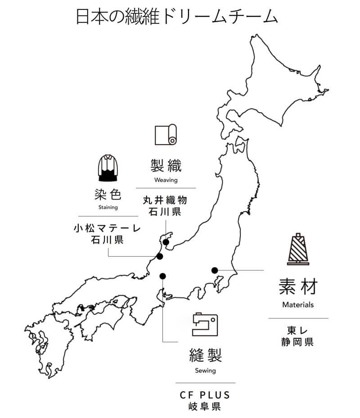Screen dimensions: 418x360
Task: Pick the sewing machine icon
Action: [x=205, y=324]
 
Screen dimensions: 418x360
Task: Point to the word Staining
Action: [x=108, y=208]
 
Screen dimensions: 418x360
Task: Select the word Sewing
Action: [x=205, y=371]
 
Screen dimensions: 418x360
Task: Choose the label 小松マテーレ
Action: [x=107, y=228]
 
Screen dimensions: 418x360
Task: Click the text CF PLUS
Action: [x=205, y=395]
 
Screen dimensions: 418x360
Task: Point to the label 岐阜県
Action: [x=205, y=407]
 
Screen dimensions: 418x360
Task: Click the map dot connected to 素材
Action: [x=215, y=270]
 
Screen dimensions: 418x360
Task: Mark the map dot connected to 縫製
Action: [x=162, y=276]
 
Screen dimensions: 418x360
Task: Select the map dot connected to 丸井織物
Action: [x=166, y=242]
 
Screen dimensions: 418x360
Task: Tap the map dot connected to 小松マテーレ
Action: [x=159, y=257]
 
